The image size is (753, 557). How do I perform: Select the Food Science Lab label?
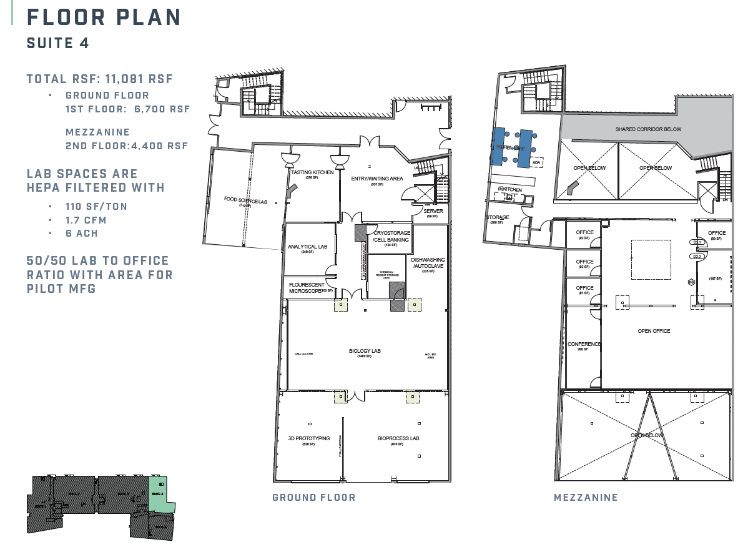(x=245, y=200)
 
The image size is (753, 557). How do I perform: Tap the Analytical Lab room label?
(x=307, y=247)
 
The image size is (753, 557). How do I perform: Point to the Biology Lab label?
(x=365, y=351)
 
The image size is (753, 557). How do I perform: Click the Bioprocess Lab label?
(x=398, y=438)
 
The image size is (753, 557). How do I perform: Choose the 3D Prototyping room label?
(x=308, y=438)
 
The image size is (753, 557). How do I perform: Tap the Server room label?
(x=433, y=211)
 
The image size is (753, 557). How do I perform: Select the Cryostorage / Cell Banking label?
(x=391, y=236)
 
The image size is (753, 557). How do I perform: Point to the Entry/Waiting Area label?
(x=377, y=179)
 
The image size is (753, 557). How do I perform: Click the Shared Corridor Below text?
(x=648, y=129)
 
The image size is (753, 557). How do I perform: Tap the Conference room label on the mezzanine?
(x=584, y=344)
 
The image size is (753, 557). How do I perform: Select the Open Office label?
(x=654, y=331)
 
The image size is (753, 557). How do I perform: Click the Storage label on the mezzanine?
(x=497, y=217)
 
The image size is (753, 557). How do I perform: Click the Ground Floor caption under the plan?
(x=313, y=498)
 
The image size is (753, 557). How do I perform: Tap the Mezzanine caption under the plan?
(x=586, y=498)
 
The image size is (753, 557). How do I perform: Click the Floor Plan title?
(x=104, y=17)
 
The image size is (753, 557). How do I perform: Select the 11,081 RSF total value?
(x=140, y=79)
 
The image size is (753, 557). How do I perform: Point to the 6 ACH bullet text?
(x=82, y=233)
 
